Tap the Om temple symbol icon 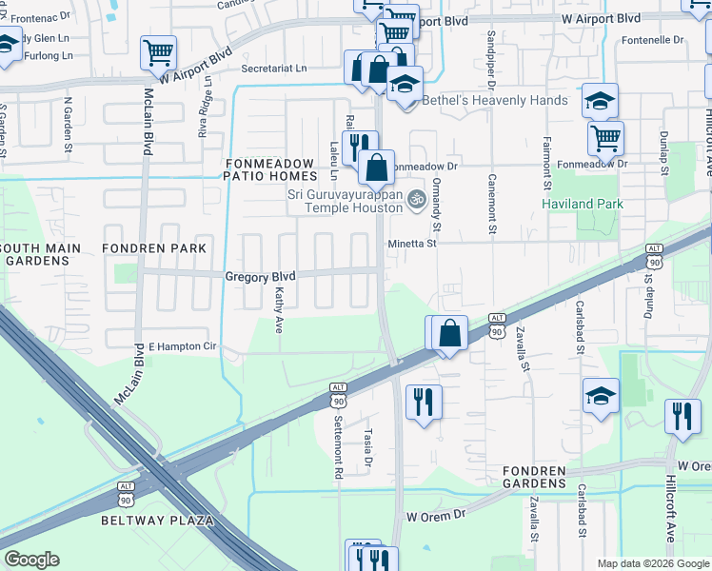tap(415, 199)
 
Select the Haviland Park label tap(582, 204)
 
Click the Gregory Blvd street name tap(260, 276)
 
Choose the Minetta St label tap(411, 244)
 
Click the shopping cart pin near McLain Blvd tap(157, 53)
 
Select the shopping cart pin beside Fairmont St tap(605, 137)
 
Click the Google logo tap(31, 560)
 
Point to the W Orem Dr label tap(435, 515)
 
